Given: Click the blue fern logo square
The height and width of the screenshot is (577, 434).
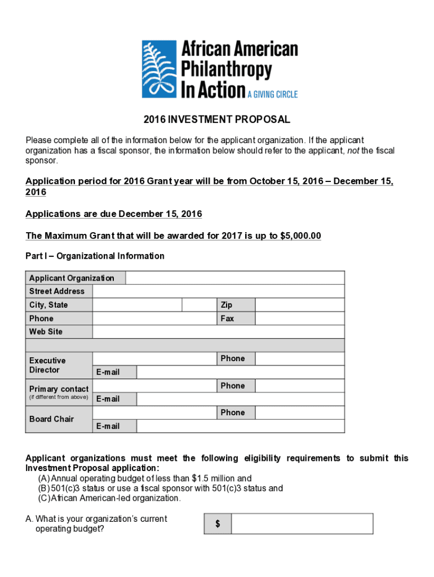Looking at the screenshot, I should pyautogui.click(x=159, y=69).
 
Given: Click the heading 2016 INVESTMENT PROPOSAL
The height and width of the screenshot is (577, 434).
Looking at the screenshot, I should pyautogui.click(x=217, y=119).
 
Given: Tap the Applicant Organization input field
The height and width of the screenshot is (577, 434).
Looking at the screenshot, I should pyautogui.click(x=234, y=278).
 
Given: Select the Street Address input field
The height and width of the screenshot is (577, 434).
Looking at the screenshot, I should pyautogui.click(x=218, y=291).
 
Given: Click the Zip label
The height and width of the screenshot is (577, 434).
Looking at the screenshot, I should pyautogui.click(x=227, y=305).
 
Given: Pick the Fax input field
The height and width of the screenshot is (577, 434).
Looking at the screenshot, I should pyautogui.click(x=299, y=318).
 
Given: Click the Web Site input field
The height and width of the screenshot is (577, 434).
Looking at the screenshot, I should pyautogui.click(x=218, y=332).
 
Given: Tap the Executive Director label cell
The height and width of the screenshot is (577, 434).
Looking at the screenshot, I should pyautogui.click(x=59, y=365).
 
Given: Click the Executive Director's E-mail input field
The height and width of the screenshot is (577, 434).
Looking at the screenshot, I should pyautogui.click(x=240, y=372).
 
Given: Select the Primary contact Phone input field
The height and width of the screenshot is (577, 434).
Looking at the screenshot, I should pyautogui.click(x=299, y=386).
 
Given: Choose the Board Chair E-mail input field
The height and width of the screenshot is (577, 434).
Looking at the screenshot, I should pyautogui.click(x=240, y=426).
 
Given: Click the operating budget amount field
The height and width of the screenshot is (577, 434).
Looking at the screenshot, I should pyautogui.click(x=302, y=523).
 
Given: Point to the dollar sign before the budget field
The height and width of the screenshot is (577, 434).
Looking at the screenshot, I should pyautogui.click(x=218, y=524).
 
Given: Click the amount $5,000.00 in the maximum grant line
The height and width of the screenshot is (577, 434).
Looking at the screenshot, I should pyautogui.click(x=300, y=236).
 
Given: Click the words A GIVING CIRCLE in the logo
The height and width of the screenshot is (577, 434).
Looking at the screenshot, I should pyautogui.click(x=272, y=94).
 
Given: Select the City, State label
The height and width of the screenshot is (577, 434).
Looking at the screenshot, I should pyautogui.click(x=48, y=305).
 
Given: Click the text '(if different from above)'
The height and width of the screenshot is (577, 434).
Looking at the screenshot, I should pyautogui.click(x=59, y=397).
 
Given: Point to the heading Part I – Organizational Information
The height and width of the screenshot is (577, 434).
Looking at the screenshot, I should pyautogui.click(x=95, y=256).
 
